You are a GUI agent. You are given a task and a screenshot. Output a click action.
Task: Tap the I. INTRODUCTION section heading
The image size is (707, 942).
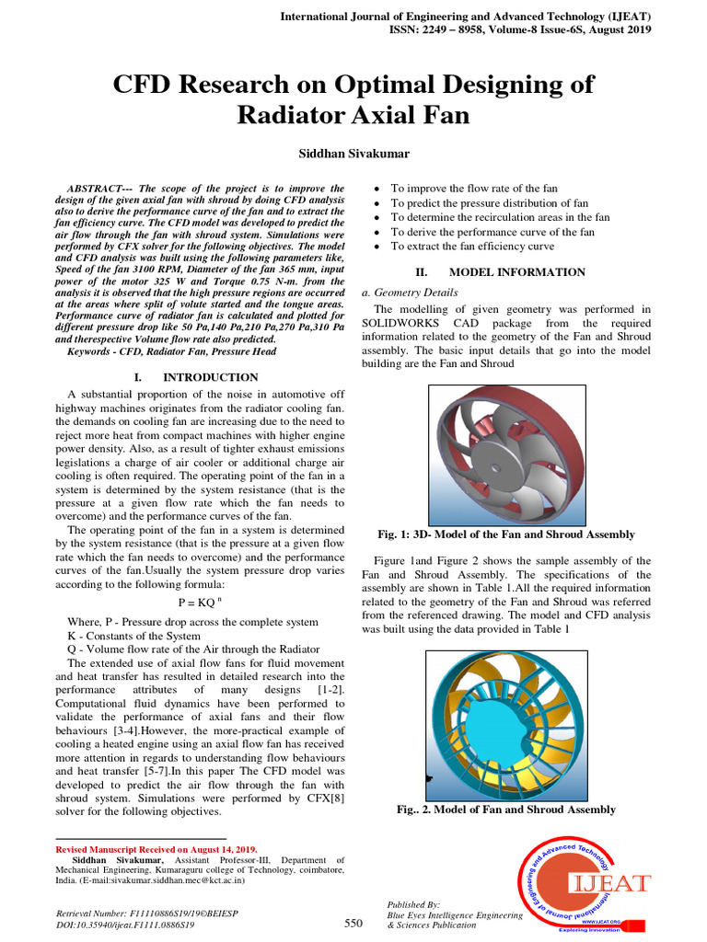tap(196, 377)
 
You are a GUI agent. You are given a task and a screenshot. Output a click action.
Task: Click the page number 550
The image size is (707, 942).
tap(353, 923)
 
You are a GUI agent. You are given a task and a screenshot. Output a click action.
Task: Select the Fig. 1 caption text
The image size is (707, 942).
tap(505, 534)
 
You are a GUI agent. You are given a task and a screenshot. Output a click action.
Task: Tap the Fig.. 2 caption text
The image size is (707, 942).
tap(505, 810)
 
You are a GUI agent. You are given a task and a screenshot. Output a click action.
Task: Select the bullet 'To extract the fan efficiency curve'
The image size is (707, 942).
tap(472, 247)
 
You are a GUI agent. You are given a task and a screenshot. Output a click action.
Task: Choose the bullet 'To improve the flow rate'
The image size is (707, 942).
tap(474, 188)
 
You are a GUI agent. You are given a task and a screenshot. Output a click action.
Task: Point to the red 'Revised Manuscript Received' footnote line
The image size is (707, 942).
tap(157, 849)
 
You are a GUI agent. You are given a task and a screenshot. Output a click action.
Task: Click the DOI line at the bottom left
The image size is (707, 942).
tap(125, 925)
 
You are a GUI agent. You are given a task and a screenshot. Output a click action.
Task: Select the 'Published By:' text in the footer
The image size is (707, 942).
tap(413, 904)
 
